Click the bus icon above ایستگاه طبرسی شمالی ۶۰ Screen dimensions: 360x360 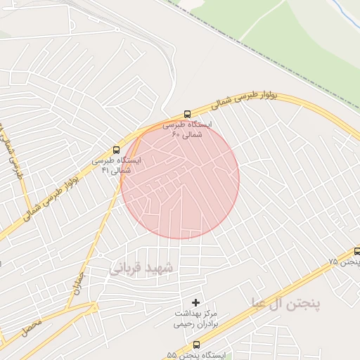(x=187, y=114)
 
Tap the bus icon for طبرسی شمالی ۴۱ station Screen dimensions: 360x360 (x=116, y=149)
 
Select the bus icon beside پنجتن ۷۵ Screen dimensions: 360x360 (x=356, y=251)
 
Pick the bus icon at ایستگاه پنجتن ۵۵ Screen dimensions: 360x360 (x=195, y=345)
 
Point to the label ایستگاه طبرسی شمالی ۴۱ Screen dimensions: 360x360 (x=116, y=165)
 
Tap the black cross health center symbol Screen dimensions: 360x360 (x=195, y=302)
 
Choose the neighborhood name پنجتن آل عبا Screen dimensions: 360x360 (x=285, y=303)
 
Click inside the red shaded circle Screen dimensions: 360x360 (x=180, y=179)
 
